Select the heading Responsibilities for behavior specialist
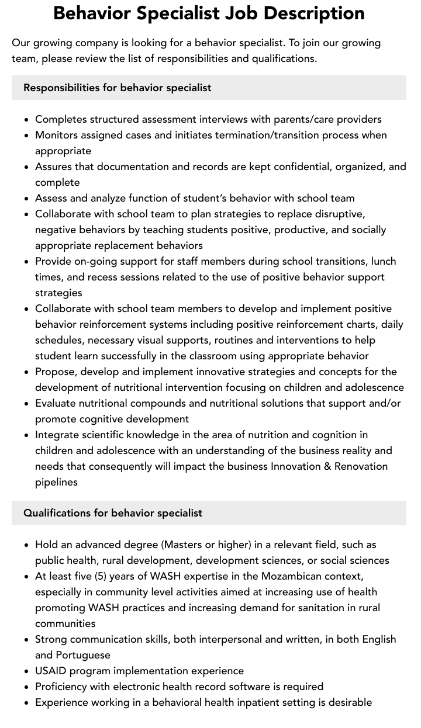coord(117,88)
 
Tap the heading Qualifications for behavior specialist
coord(113,513)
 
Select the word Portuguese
coord(83,655)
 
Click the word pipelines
coord(56,482)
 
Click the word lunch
coord(382,261)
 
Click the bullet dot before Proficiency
coord(27,687)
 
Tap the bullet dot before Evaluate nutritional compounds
coord(27,404)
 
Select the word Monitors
coord(58,135)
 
